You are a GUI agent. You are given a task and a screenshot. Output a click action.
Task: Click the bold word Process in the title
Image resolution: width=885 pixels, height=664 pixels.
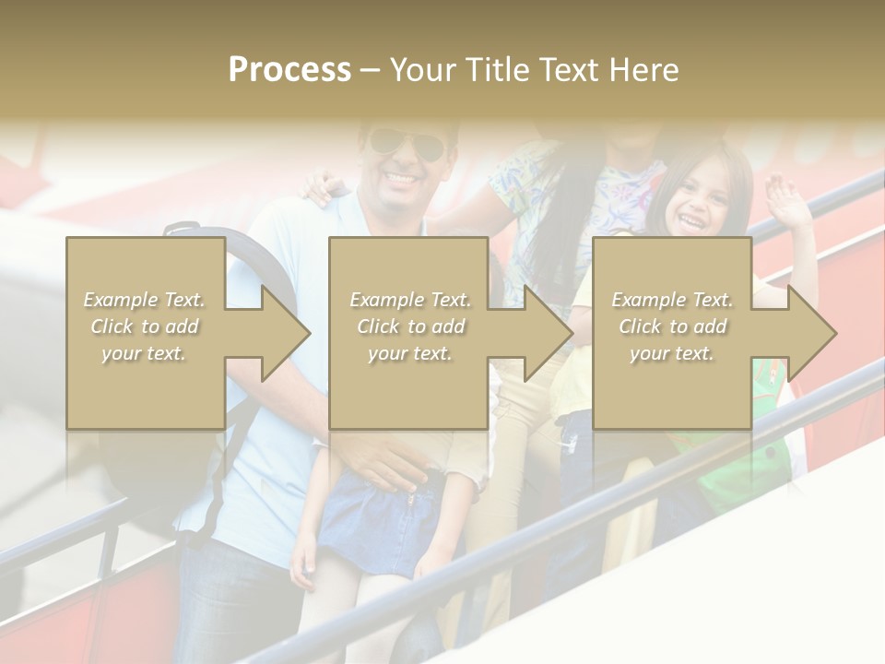click(x=289, y=70)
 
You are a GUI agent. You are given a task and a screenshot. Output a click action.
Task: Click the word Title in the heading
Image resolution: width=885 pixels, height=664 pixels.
click(x=495, y=70)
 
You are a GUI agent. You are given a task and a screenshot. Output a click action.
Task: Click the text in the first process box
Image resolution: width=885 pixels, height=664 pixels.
click(x=145, y=326)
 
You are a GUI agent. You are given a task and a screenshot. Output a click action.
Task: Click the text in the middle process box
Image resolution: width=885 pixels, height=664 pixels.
click(x=409, y=326)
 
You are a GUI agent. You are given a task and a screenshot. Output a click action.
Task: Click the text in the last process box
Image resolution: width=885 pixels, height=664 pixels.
click(x=672, y=326)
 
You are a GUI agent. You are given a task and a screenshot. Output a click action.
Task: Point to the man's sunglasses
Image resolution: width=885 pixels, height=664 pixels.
click(x=406, y=143)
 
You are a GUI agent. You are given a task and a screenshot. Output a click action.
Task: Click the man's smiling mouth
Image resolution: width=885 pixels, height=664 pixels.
click(x=403, y=175)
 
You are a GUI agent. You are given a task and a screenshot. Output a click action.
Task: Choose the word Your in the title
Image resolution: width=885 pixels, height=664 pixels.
click(x=423, y=70)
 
